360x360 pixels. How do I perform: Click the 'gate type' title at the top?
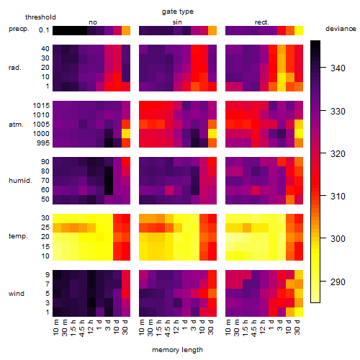[x=178, y=12]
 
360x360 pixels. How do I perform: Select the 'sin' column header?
[x=177, y=22]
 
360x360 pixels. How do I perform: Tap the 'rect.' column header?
[x=261, y=22]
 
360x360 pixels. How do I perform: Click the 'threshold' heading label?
[x=40, y=17]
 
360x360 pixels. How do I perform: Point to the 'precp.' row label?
[x=19, y=29]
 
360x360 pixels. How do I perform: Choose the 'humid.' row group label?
[x=20, y=181]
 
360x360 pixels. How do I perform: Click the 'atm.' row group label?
[x=16, y=125]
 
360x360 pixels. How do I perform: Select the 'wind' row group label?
[x=17, y=294]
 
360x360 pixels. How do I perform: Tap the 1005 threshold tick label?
[x=41, y=125]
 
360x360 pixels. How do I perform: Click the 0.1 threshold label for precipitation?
[x=44, y=30]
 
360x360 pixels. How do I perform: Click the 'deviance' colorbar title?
[x=341, y=29]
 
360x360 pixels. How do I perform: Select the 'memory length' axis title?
[x=177, y=350]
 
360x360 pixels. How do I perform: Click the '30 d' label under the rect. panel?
[x=297, y=327]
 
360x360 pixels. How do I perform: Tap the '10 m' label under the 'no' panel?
[x=55, y=328]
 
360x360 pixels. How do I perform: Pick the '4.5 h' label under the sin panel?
[x=168, y=328]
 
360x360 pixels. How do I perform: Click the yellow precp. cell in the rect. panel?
[x=299, y=30]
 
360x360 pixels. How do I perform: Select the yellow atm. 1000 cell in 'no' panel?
[x=126, y=134]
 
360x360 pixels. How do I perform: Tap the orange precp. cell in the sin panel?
[x=212, y=30]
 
